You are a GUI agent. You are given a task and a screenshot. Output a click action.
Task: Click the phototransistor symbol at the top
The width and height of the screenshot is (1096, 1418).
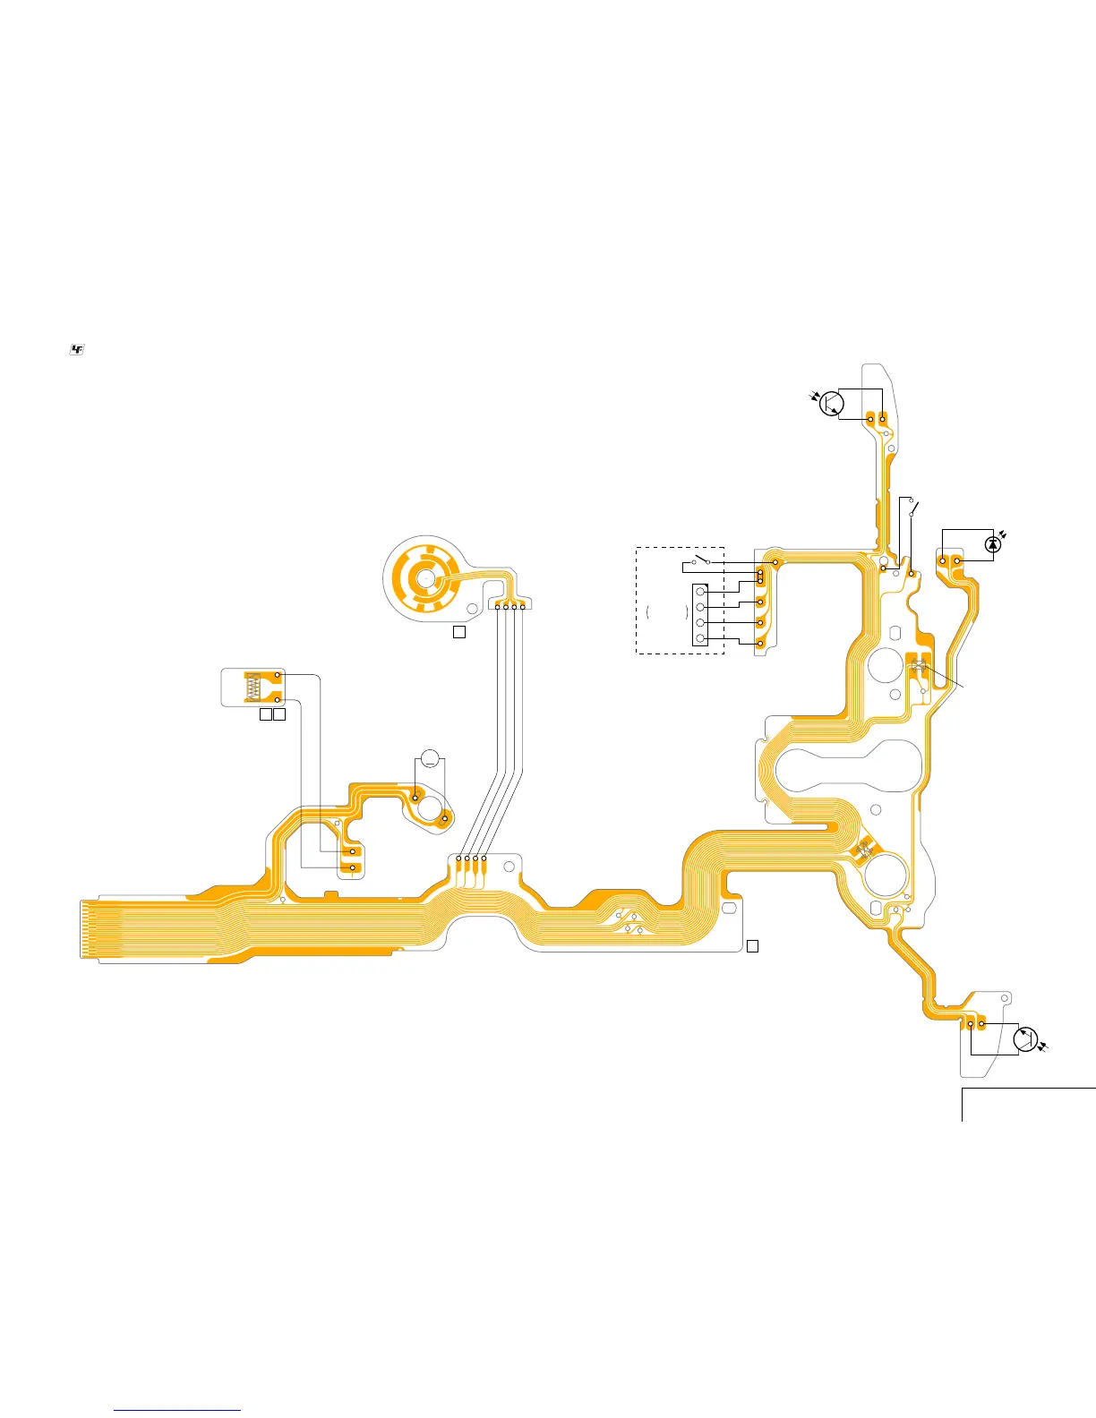tap(832, 404)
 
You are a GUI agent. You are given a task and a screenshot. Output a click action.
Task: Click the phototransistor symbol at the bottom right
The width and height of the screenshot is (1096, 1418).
tap(1025, 1039)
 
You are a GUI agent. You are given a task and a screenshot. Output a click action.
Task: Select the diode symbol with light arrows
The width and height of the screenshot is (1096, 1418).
tap(991, 544)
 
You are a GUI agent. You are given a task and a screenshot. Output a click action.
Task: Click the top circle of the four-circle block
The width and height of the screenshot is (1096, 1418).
tap(700, 593)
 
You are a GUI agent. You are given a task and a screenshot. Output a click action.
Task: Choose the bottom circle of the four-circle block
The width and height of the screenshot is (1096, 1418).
tap(700, 638)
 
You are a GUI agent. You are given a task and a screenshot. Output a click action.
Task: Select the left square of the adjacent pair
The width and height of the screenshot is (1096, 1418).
tap(265, 715)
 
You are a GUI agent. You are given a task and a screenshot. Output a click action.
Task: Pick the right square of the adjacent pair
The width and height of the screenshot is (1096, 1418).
tap(279, 715)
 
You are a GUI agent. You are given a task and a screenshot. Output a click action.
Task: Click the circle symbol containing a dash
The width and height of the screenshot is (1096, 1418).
tap(430, 758)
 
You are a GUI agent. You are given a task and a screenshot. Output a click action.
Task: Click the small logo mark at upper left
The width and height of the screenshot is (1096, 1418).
tap(77, 350)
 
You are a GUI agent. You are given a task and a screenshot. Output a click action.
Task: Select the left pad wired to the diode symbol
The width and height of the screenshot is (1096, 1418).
tap(943, 561)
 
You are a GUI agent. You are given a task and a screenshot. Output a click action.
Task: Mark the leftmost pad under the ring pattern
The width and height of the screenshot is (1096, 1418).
tap(498, 608)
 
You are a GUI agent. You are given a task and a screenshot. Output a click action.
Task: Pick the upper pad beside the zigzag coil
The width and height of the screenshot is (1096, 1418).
tap(278, 675)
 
